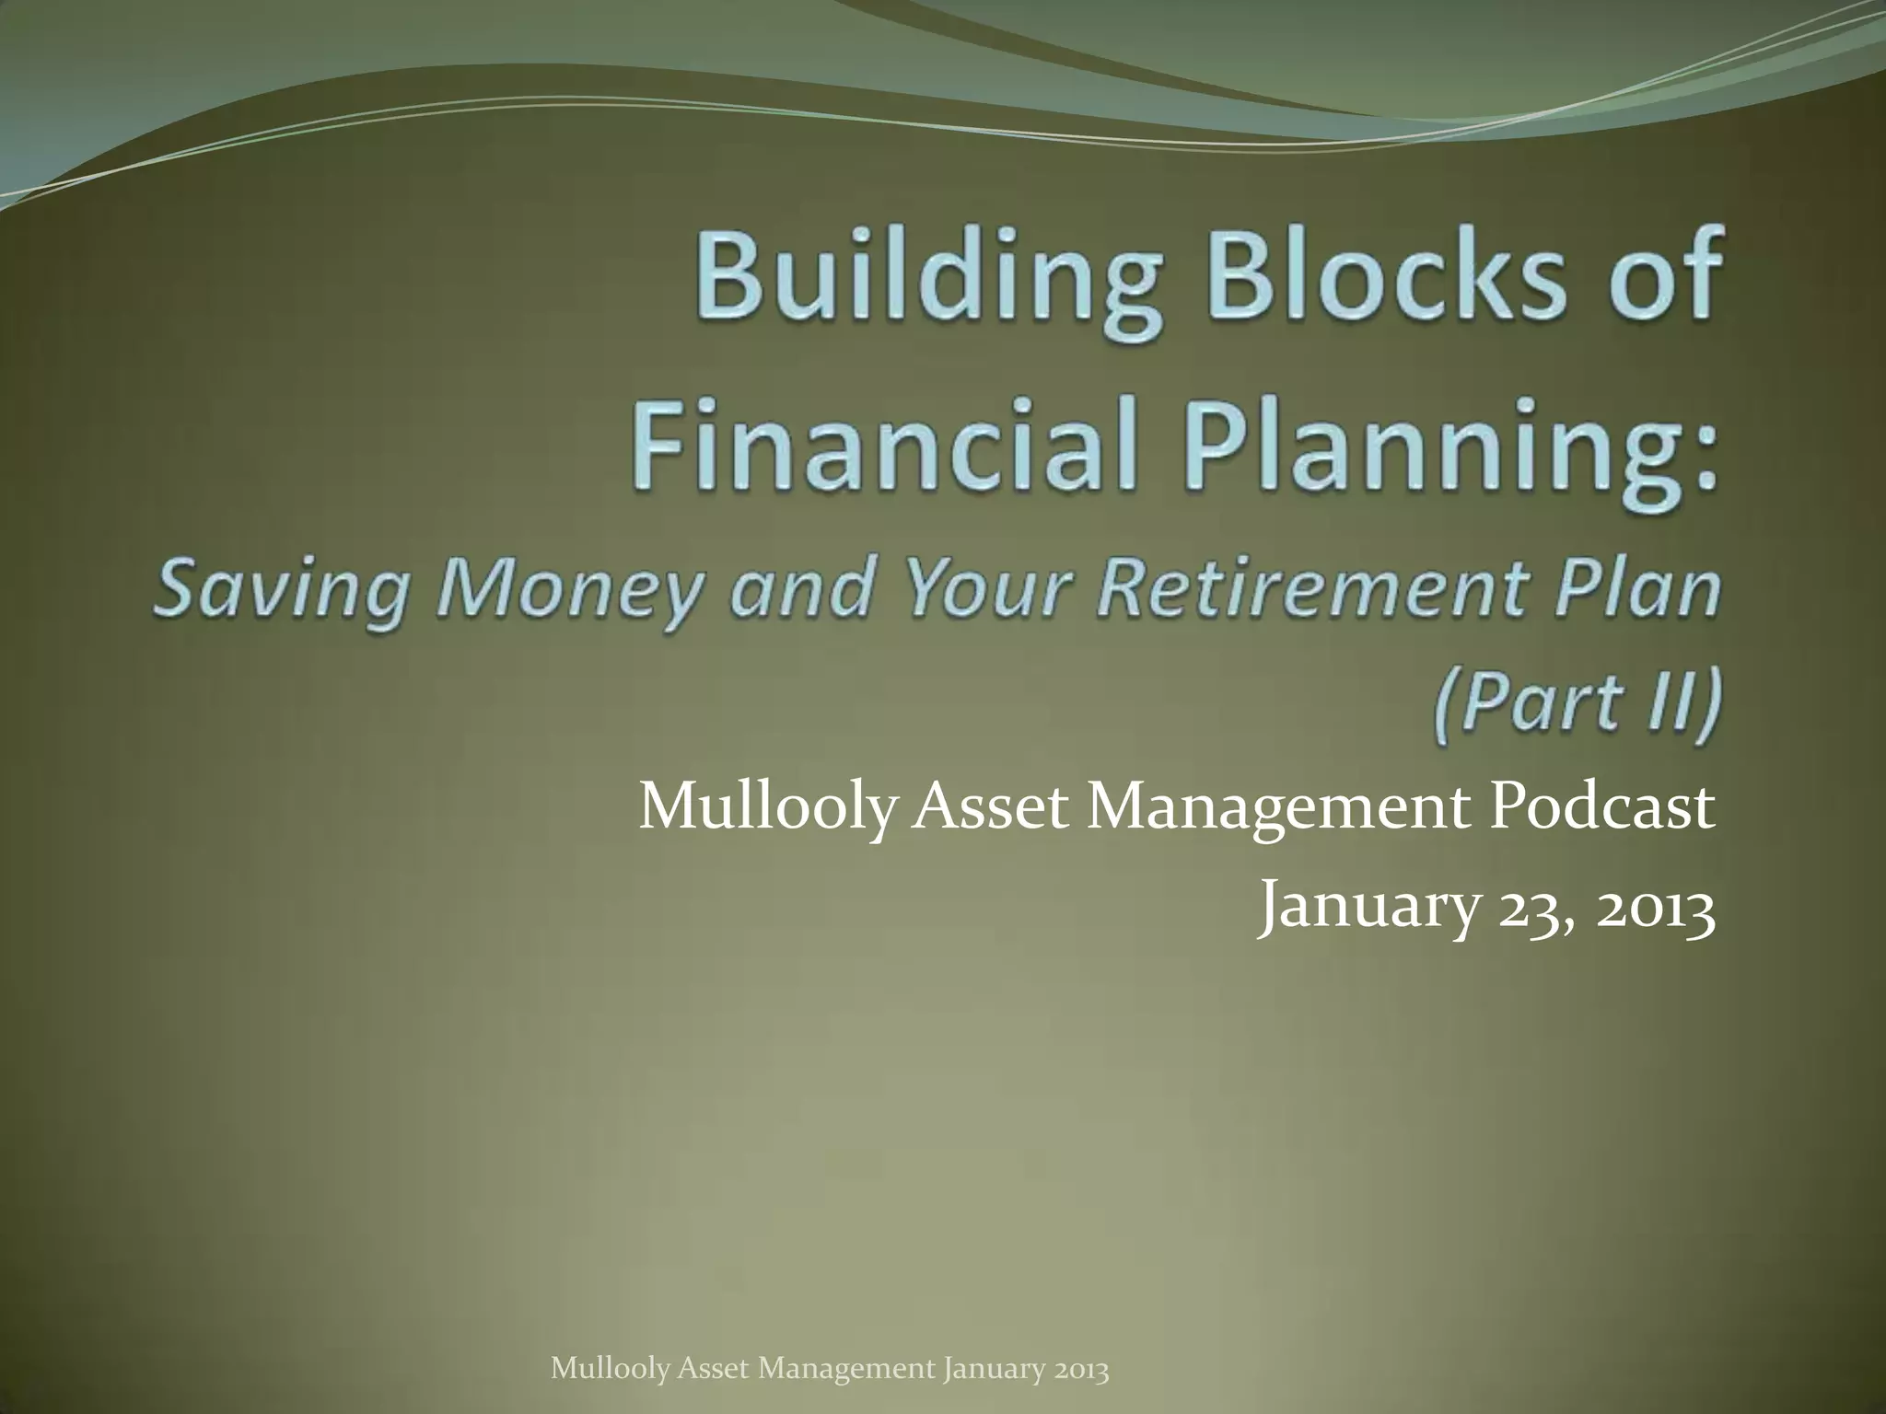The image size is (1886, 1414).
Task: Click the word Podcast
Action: click(1603, 807)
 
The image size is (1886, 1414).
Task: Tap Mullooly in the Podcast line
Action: click(766, 809)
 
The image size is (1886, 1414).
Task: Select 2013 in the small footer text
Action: click(1082, 1370)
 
